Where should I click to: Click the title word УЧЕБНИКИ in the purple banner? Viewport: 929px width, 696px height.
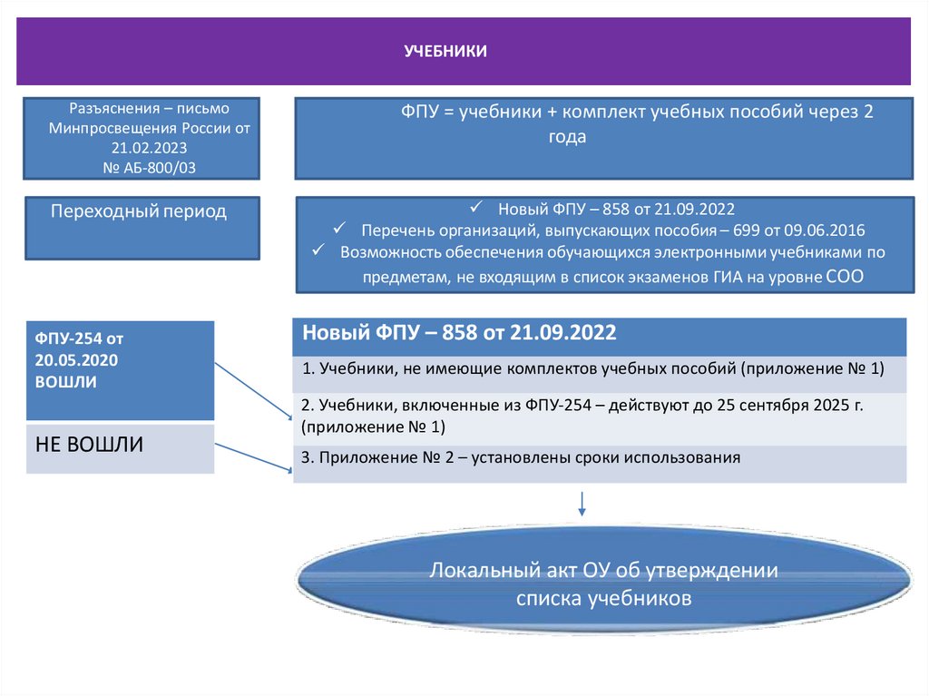(445, 52)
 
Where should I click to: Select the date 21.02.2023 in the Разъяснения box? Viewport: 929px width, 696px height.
(150, 148)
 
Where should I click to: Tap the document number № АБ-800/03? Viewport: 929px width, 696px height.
(150, 167)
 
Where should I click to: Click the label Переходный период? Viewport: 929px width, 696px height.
(139, 212)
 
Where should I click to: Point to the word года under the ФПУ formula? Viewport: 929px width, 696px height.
(567, 137)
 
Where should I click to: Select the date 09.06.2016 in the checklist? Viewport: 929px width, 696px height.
(822, 230)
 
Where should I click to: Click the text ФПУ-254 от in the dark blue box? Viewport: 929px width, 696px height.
(79, 338)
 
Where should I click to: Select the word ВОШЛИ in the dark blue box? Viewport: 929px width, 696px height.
(65, 382)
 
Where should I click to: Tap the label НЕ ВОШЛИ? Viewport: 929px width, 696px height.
(89, 445)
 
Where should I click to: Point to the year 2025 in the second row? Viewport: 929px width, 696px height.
(818, 406)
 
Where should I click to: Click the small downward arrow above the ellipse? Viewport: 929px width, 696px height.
(582, 505)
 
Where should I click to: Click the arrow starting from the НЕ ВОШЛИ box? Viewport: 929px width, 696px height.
(253, 456)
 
